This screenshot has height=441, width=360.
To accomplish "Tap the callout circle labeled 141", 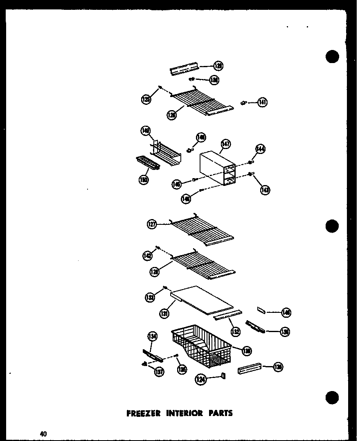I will point(262,102).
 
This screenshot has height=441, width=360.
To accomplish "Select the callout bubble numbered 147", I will point(225,144).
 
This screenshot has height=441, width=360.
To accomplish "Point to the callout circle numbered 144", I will point(260,149).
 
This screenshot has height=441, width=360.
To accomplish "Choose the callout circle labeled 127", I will point(152,224).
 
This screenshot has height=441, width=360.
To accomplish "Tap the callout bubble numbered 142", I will point(147,256).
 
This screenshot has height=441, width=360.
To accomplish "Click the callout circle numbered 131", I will point(164,314).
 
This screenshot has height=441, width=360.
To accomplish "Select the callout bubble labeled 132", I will point(235,331).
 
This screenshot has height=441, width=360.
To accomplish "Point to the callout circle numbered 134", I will point(152,337).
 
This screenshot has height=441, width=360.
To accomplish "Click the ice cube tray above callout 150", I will point(147,165).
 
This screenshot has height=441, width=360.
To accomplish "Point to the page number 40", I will point(44,434).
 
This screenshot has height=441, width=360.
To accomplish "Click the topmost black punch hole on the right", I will point(333,57).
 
